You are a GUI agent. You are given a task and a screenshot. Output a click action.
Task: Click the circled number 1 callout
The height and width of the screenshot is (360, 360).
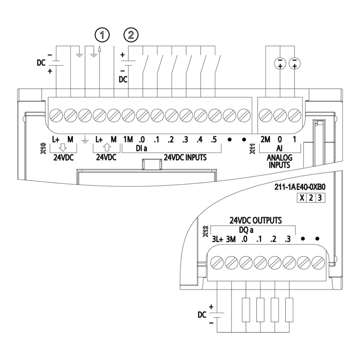(x=102, y=35)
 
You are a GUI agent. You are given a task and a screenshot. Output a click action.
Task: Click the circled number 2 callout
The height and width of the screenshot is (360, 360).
(x=131, y=35)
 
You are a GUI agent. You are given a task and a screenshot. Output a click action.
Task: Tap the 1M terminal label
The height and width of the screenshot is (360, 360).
(x=128, y=139)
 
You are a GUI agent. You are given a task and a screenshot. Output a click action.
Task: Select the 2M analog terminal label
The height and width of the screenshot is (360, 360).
(x=265, y=139)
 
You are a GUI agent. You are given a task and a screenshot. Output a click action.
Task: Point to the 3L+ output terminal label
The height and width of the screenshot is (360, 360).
(x=217, y=239)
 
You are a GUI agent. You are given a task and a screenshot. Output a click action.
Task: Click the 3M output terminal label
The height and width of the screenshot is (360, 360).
(x=231, y=239)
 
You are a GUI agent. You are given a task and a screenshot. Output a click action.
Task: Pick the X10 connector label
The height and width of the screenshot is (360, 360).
(x=43, y=148)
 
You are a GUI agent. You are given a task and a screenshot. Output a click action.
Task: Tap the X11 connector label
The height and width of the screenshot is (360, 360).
(x=252, y=148)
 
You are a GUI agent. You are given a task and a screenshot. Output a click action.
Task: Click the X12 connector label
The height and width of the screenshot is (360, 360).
(x=205, y=231)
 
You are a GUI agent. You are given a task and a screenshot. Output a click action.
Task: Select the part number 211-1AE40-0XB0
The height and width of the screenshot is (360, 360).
(x=300, y=187)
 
